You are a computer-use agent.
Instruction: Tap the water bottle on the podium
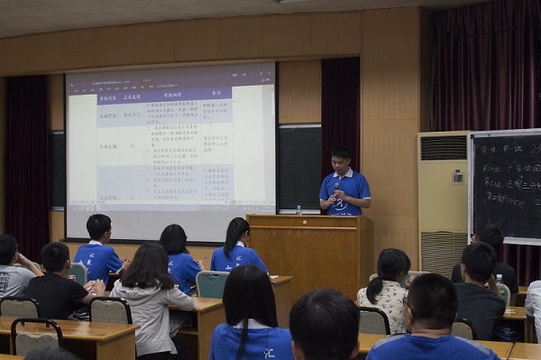pos(298,209)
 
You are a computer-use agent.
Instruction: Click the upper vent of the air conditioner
pos(444,147)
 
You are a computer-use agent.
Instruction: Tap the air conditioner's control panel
pos(457,177)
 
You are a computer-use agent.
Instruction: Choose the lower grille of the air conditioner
pos(444,253)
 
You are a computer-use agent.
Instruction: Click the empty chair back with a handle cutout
pos(35,337)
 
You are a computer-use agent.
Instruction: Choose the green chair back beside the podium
pos(213,284)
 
